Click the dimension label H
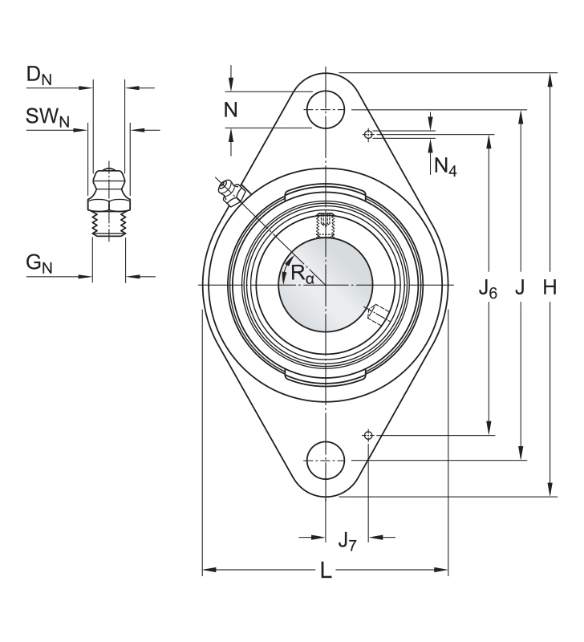click(550, 287)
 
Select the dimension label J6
click(488, 290)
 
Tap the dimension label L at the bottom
click(326, 570)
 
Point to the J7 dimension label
click(347, 541)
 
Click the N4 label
click(445, 167)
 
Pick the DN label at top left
click(39, 75)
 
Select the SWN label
click(47, 117)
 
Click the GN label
click(39, 263)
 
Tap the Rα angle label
click(302, 274)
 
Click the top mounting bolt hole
click(326, 110)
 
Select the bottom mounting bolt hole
click(326, 461)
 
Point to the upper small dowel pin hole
click(368, 134)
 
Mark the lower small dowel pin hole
click(368, 435)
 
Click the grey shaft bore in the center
click(326, 285)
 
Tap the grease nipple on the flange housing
click(232, 193)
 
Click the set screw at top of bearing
click(326, 226)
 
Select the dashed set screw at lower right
click(378, 315)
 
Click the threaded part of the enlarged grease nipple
click(109, 224)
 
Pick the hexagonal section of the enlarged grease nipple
click(109, 203)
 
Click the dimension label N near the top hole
click(231, 110)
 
